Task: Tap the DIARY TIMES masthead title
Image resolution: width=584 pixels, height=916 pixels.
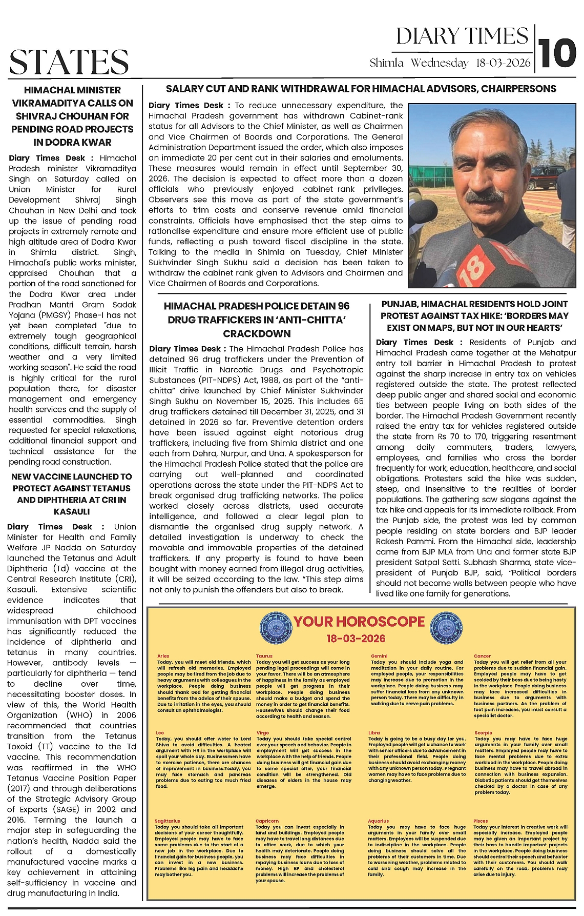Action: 462,36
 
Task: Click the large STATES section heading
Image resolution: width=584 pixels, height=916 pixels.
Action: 69,62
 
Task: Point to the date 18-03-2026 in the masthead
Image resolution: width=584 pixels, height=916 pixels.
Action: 503,63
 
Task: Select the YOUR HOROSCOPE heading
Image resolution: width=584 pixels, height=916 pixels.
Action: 359,622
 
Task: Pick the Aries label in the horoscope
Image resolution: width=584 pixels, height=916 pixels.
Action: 163,656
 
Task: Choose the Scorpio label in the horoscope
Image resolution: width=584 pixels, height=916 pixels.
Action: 483,733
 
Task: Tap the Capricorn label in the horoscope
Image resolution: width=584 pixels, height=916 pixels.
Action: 267,821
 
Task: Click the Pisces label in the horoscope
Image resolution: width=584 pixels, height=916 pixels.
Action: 481,821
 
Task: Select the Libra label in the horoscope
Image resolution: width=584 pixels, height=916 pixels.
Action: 374,733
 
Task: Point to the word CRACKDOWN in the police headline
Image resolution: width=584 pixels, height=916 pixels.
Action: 257,333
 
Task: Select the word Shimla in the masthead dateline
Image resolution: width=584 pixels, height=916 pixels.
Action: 386,63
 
